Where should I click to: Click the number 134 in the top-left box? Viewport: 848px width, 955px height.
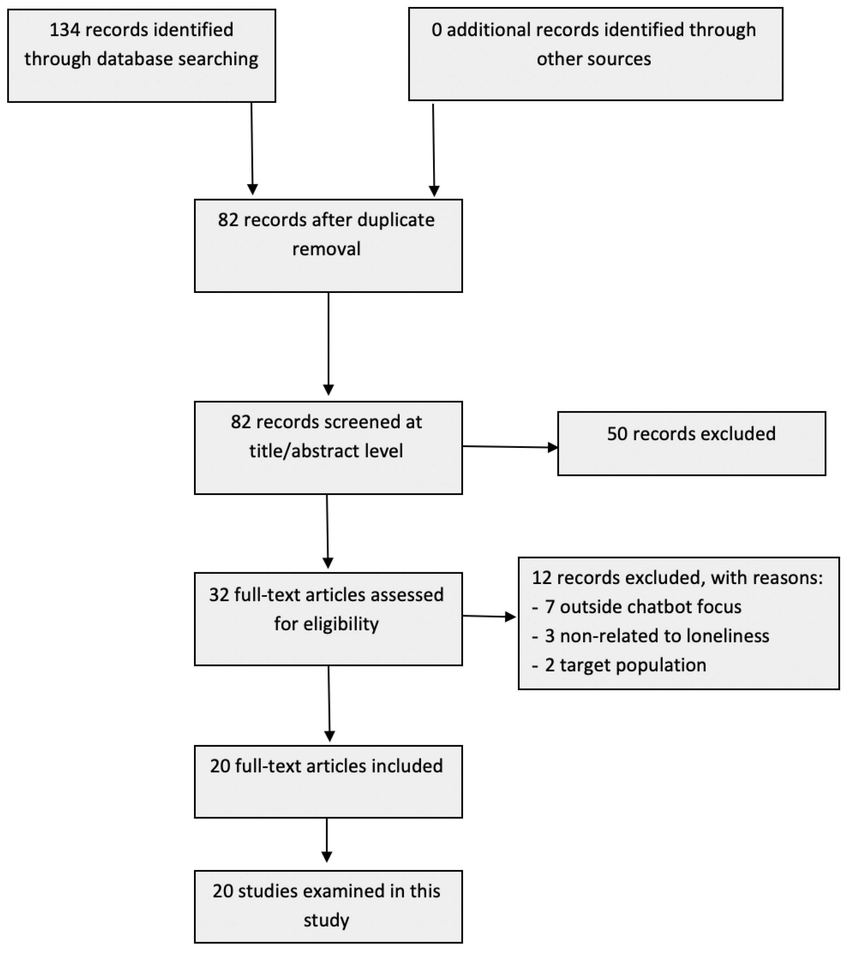click(65, 30)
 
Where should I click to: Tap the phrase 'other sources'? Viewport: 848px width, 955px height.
click(594, 59)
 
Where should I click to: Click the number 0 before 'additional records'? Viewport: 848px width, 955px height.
click(436, 30)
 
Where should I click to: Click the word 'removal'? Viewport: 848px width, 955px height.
click(326, 249)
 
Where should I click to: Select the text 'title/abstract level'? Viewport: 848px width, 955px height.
click(326, 451)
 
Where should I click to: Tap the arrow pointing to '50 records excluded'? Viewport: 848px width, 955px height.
click(510, 447)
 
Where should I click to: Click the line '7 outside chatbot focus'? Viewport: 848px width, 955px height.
click(643, 607)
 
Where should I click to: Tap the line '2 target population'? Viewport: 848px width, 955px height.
click(626, 665)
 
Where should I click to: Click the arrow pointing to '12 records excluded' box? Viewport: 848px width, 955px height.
click(489, 617)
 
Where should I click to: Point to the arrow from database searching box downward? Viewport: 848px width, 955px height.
click(252, 149)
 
